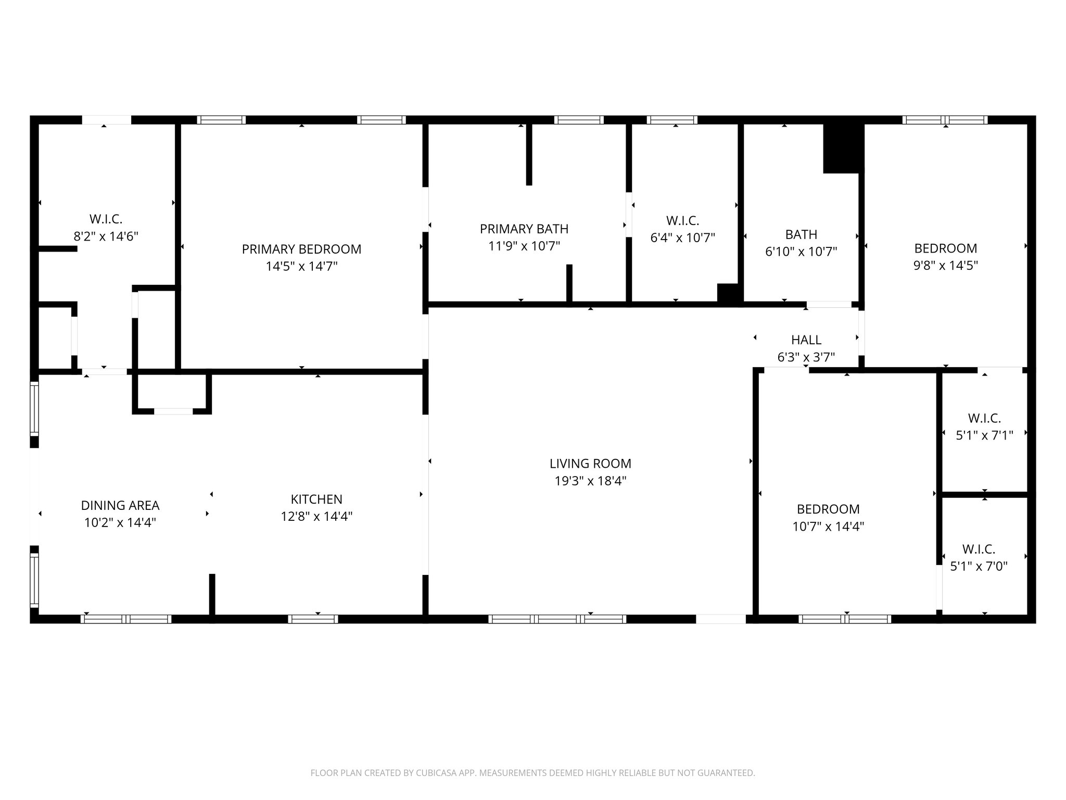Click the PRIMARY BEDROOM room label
(x=301, y=249)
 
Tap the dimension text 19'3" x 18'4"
(x=590, y=481)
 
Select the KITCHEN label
(x=316, y=499)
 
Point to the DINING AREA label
(x=120, y=505)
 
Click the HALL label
(x=806, y=340)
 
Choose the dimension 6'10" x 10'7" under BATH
(x=801, y=252)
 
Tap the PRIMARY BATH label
(x=524, y=229)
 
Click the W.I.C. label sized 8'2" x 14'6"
(x=106, y=219)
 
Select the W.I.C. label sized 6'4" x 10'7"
(x=682, y=221)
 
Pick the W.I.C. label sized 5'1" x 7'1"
(x=984, y=418)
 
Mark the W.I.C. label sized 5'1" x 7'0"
(x=979, y=549)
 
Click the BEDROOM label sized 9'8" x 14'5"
(x=946, y=248)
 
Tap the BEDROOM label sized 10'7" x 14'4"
(x=828, y=509)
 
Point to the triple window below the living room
(x=557, y=619)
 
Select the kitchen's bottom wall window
(x=313, y=619)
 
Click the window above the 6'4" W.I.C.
(x=672, y=120)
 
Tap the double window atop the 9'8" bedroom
(x=945, y=120)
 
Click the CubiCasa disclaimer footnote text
(x=532, y=773)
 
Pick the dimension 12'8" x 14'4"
(x=316, y=516)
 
